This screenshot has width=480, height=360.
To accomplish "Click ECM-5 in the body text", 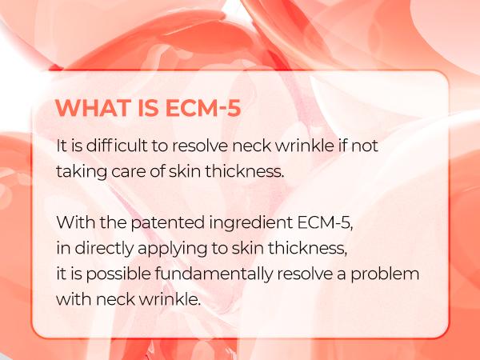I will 307,222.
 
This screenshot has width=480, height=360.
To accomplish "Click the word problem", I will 390,274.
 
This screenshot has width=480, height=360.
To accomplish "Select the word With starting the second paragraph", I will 73,222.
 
